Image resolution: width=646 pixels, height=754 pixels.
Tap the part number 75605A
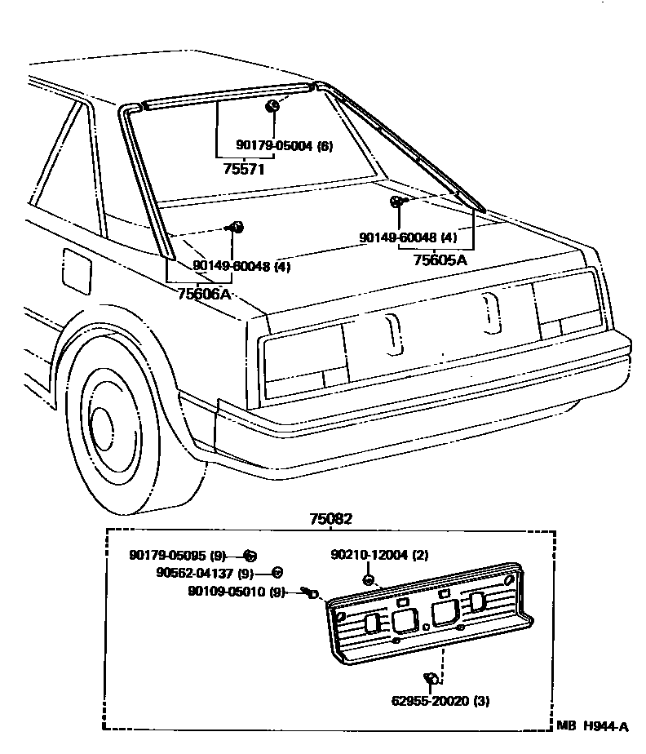point(440,260)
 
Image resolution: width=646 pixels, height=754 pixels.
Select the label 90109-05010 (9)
point(237,592)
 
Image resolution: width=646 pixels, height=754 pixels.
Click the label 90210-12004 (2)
point(379,555)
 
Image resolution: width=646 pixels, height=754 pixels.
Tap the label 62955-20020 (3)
point(441,700)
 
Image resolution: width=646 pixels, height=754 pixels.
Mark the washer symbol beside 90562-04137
point(277,573)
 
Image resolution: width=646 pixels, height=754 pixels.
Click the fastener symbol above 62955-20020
point(431,678)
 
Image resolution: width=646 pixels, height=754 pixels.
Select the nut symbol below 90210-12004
point(369,579)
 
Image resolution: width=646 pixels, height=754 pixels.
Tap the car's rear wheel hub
point(102,425)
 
